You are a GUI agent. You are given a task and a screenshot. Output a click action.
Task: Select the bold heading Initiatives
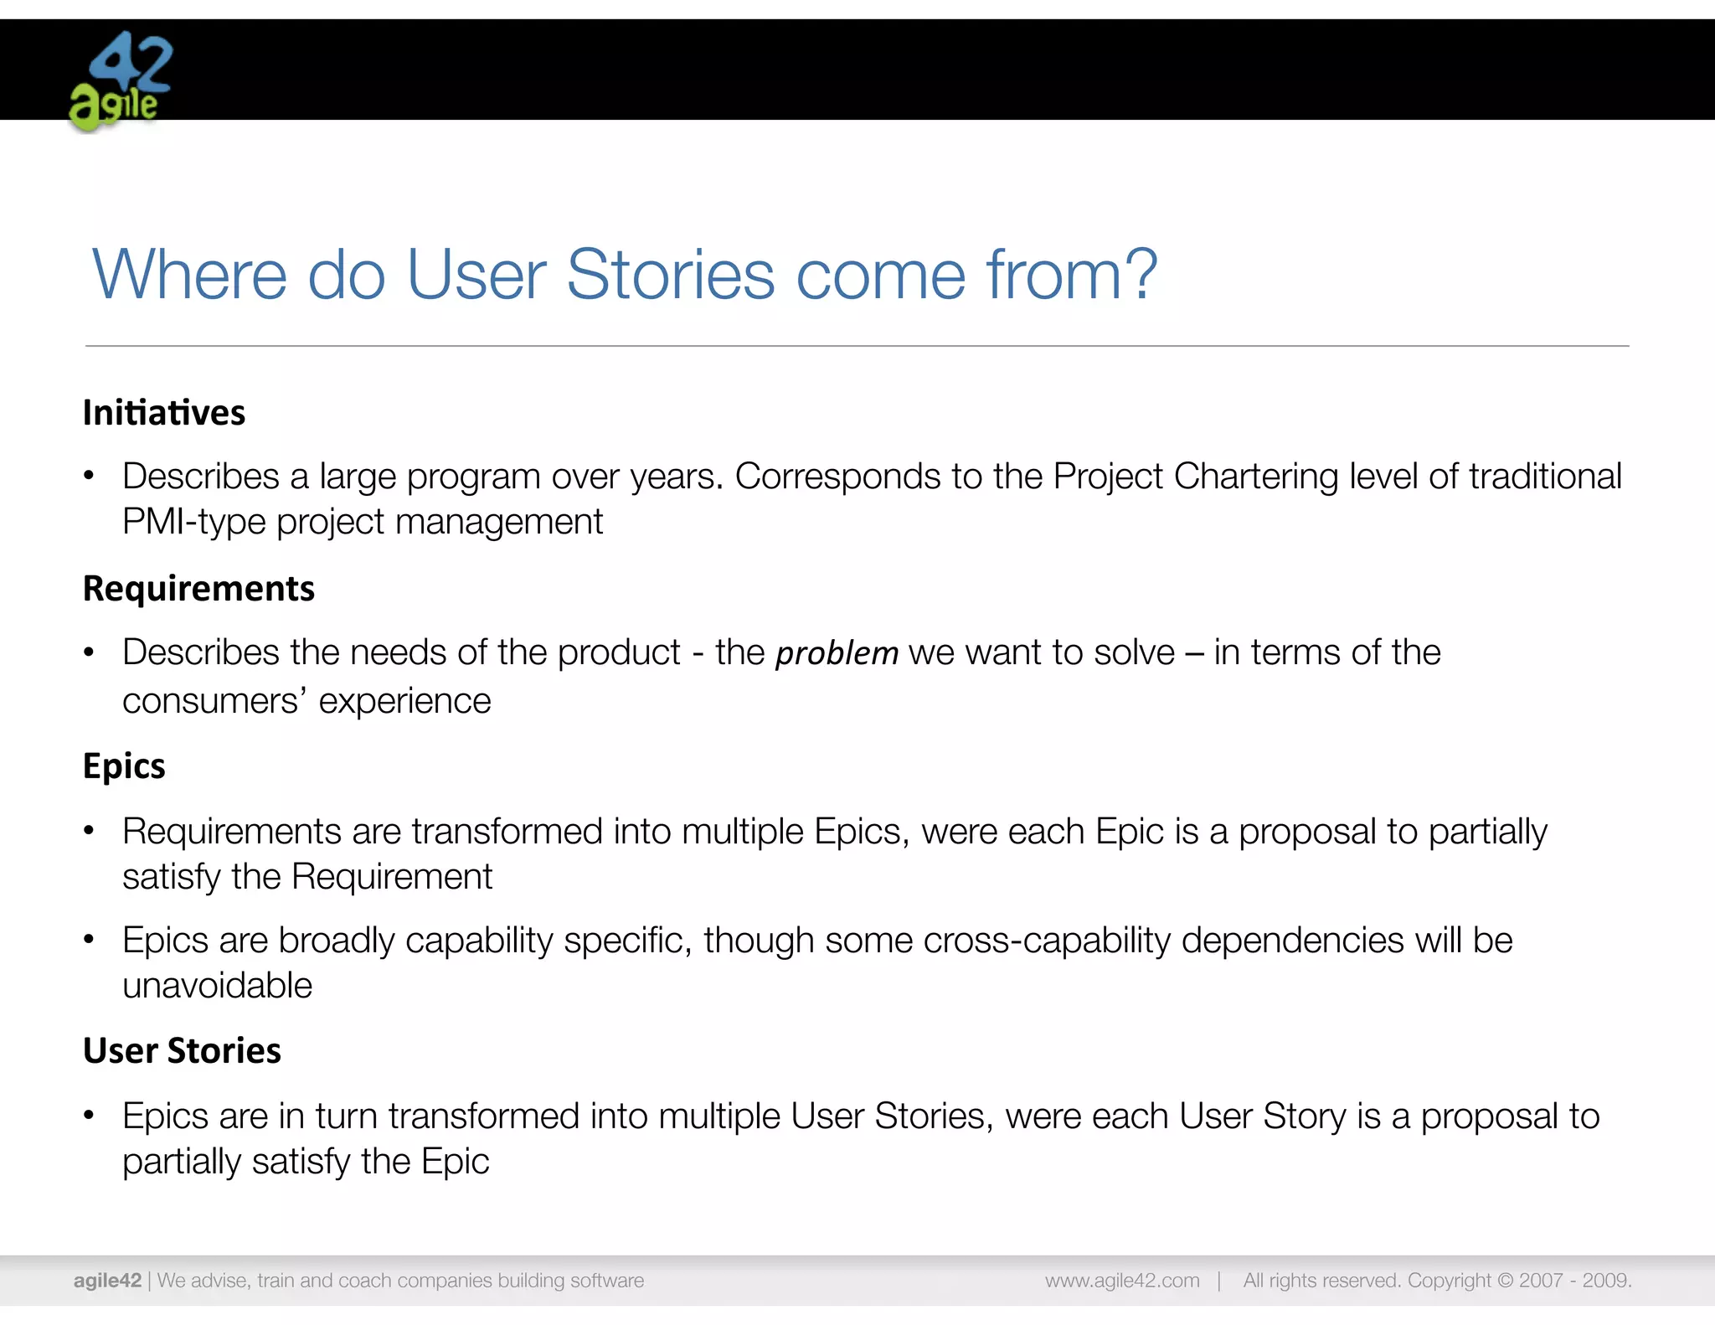164,413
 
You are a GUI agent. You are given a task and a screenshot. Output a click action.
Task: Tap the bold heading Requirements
198,589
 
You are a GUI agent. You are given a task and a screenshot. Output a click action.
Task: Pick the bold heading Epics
124,766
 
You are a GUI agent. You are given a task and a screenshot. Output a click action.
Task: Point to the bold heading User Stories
182,1051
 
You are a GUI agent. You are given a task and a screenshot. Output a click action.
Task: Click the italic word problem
837,653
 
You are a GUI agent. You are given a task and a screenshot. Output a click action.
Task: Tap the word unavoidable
217,986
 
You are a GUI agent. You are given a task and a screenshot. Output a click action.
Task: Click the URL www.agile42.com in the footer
1121,1281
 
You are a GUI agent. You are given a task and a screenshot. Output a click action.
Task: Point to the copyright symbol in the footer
1505,1281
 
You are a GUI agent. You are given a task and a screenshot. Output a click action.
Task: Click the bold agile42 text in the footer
107,1281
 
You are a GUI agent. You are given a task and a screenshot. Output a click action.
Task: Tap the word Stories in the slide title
671,274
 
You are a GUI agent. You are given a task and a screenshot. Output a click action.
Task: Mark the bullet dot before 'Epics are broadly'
89,940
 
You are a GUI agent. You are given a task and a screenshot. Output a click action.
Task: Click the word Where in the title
189,274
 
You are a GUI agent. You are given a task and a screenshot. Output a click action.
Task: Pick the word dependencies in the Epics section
1290,941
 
